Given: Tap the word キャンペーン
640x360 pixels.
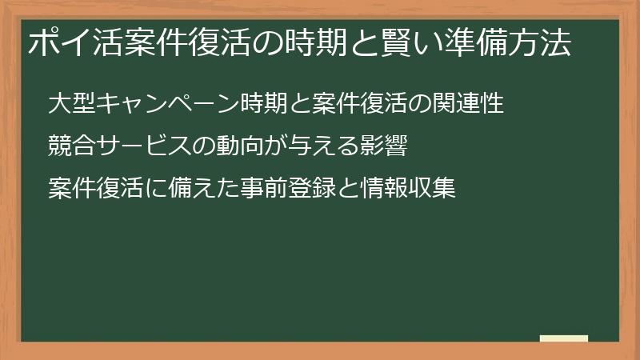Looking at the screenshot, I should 167,105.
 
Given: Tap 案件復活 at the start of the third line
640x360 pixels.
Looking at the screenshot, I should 95,190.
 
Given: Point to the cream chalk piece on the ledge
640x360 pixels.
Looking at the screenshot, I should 563,338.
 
